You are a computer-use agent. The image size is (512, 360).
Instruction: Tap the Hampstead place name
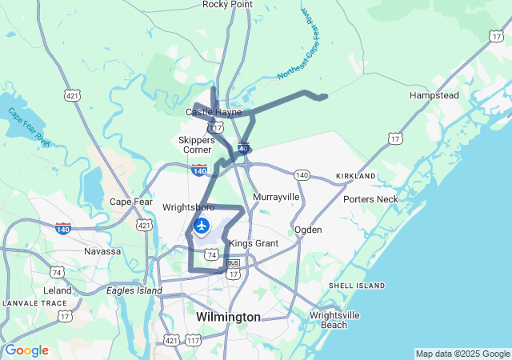tap(434, 95)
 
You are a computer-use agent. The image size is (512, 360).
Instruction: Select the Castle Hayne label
tap(214, 113)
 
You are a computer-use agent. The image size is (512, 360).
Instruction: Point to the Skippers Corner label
tap(195, 144)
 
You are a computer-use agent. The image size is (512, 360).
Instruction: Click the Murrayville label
tap(276, 196)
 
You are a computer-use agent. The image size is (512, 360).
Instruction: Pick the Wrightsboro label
tap(189, 206)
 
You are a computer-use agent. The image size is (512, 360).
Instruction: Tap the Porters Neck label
tap(370, 199)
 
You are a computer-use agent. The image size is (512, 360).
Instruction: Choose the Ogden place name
tap(308, 230)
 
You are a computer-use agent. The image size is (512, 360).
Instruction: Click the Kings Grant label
tap(253, 243)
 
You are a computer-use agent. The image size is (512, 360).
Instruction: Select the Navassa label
tap(102, 251)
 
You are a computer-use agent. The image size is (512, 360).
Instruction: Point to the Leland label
tap(58, 290)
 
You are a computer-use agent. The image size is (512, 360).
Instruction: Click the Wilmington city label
tap(228, 318)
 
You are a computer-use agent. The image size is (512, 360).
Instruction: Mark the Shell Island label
tap(357, 286)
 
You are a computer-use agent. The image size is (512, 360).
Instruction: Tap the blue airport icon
tap(201, 226)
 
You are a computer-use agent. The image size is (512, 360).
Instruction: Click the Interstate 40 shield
tap(243, 147)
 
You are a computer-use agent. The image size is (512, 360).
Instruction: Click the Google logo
tap(26, 350)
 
